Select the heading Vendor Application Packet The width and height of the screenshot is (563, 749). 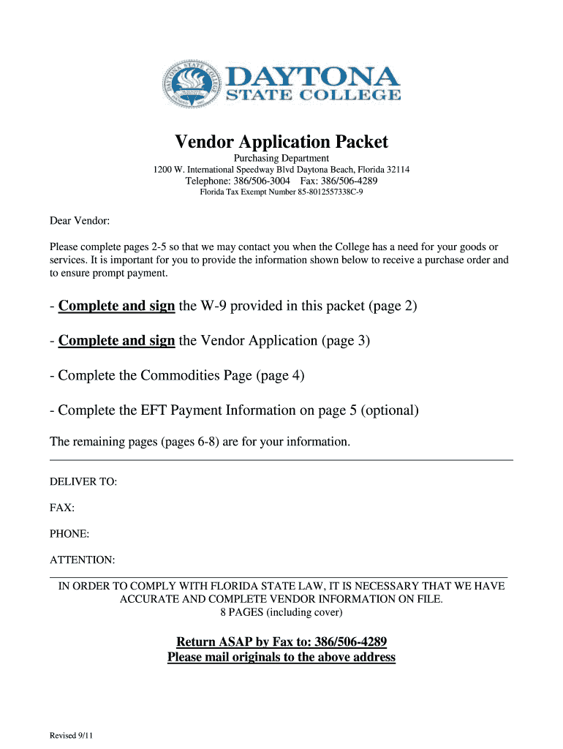tap(281, 142)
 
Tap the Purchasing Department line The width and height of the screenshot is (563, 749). tap(281, 159)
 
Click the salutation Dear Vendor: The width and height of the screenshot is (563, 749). tap(79, 220)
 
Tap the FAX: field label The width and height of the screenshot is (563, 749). tap(62, 508)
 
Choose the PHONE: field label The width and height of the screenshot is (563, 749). tap(69, 534)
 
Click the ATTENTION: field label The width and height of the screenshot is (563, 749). tap(82, 560)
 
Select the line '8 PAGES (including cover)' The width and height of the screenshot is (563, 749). tap(281, 612)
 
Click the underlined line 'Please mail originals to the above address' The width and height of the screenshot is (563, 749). tap(281, 657)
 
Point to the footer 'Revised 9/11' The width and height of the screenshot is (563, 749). tap(71, 735)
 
